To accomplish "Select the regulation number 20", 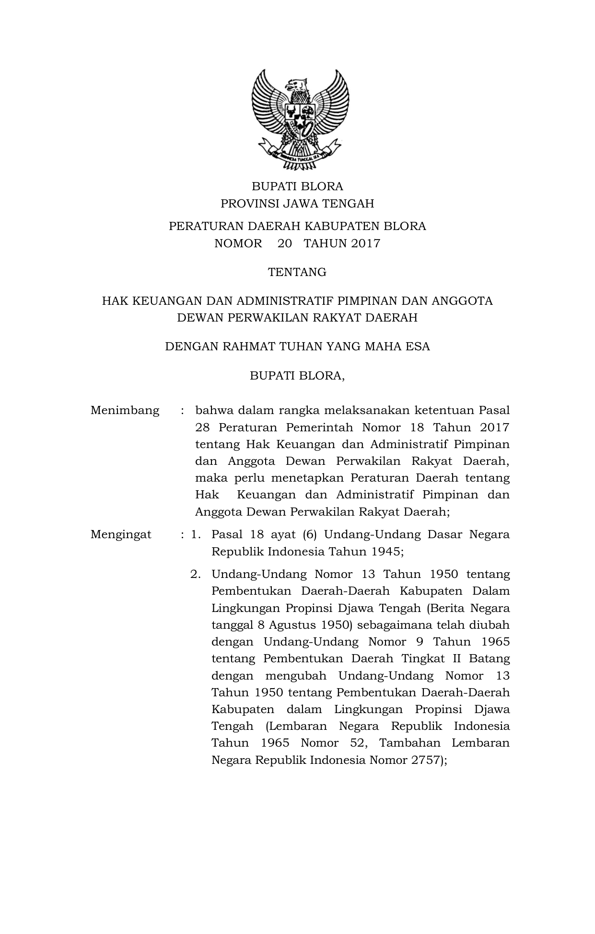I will (x=284, y=243).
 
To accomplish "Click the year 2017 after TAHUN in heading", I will (x=365, y=243).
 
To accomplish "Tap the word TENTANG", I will (x=297, y=272).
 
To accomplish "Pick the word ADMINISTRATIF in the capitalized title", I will (x=286, y=301).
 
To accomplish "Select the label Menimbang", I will (x=125, y=411).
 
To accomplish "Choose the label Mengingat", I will (x=121, y=534).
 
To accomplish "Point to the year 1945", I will (x=386, y=551).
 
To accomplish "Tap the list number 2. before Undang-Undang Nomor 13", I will (x=195, y=574).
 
